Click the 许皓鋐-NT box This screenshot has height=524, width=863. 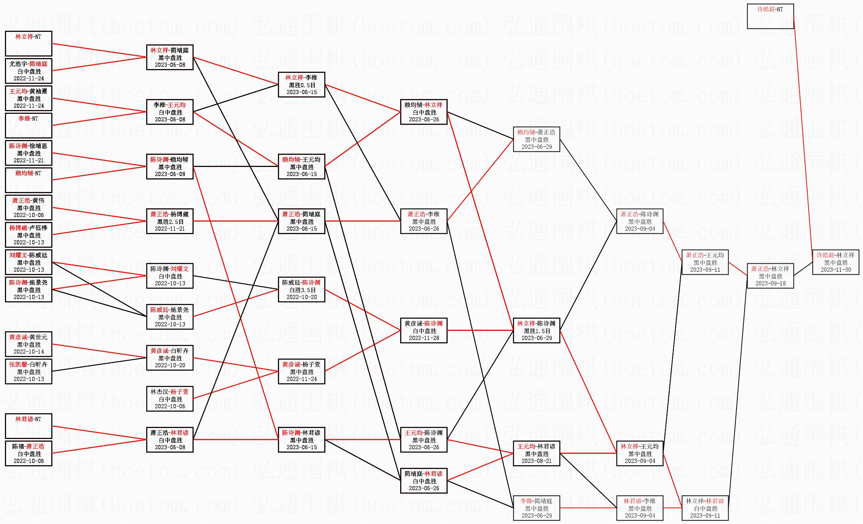pos(770,16)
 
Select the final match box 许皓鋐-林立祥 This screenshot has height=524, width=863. pos(835,262)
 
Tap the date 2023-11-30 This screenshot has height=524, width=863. pos(836,270)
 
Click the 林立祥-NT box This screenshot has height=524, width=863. pos(28,44)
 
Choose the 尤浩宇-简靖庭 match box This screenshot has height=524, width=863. pos(28,71)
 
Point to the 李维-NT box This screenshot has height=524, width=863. pos(28,126)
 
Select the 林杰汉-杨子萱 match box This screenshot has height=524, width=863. pos(170,399)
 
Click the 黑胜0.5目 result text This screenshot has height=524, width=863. pos(301,85)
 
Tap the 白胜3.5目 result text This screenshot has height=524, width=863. pos(301,290)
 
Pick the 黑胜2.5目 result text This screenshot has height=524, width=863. pos(170,222)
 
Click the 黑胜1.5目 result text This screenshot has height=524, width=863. pos(536,331)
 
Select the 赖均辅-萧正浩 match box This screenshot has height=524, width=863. pos(536,139)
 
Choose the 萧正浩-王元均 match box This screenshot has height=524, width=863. pos(705,262)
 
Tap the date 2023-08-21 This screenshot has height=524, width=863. pos(536,461)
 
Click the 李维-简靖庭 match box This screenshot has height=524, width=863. pos(536,508)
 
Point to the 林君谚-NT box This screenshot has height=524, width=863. pos(28,426)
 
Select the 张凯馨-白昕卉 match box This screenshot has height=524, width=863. pos(28,371)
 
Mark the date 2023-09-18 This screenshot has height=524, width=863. pos(770,283)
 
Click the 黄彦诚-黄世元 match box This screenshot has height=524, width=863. pos(28,344)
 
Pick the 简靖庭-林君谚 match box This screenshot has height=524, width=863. pos(424,481)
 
